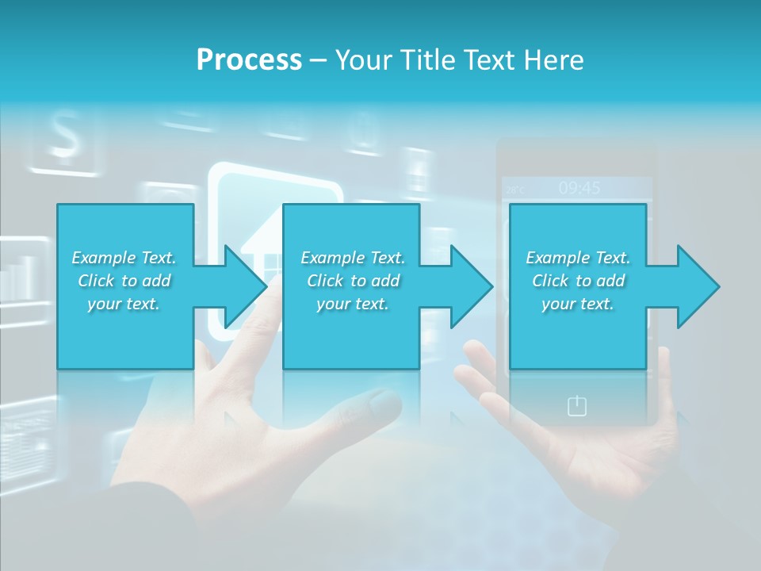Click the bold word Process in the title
(x=249, y=59)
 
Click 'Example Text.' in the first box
(x=124, y=258)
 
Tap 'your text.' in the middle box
(x=352, y=304)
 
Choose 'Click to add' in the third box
(x=578, y=281)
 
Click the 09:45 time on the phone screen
(x=579, y=188)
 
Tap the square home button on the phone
(x=577, y=406)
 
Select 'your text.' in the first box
(x=124, y=304)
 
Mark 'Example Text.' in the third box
(x=578, y=258)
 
